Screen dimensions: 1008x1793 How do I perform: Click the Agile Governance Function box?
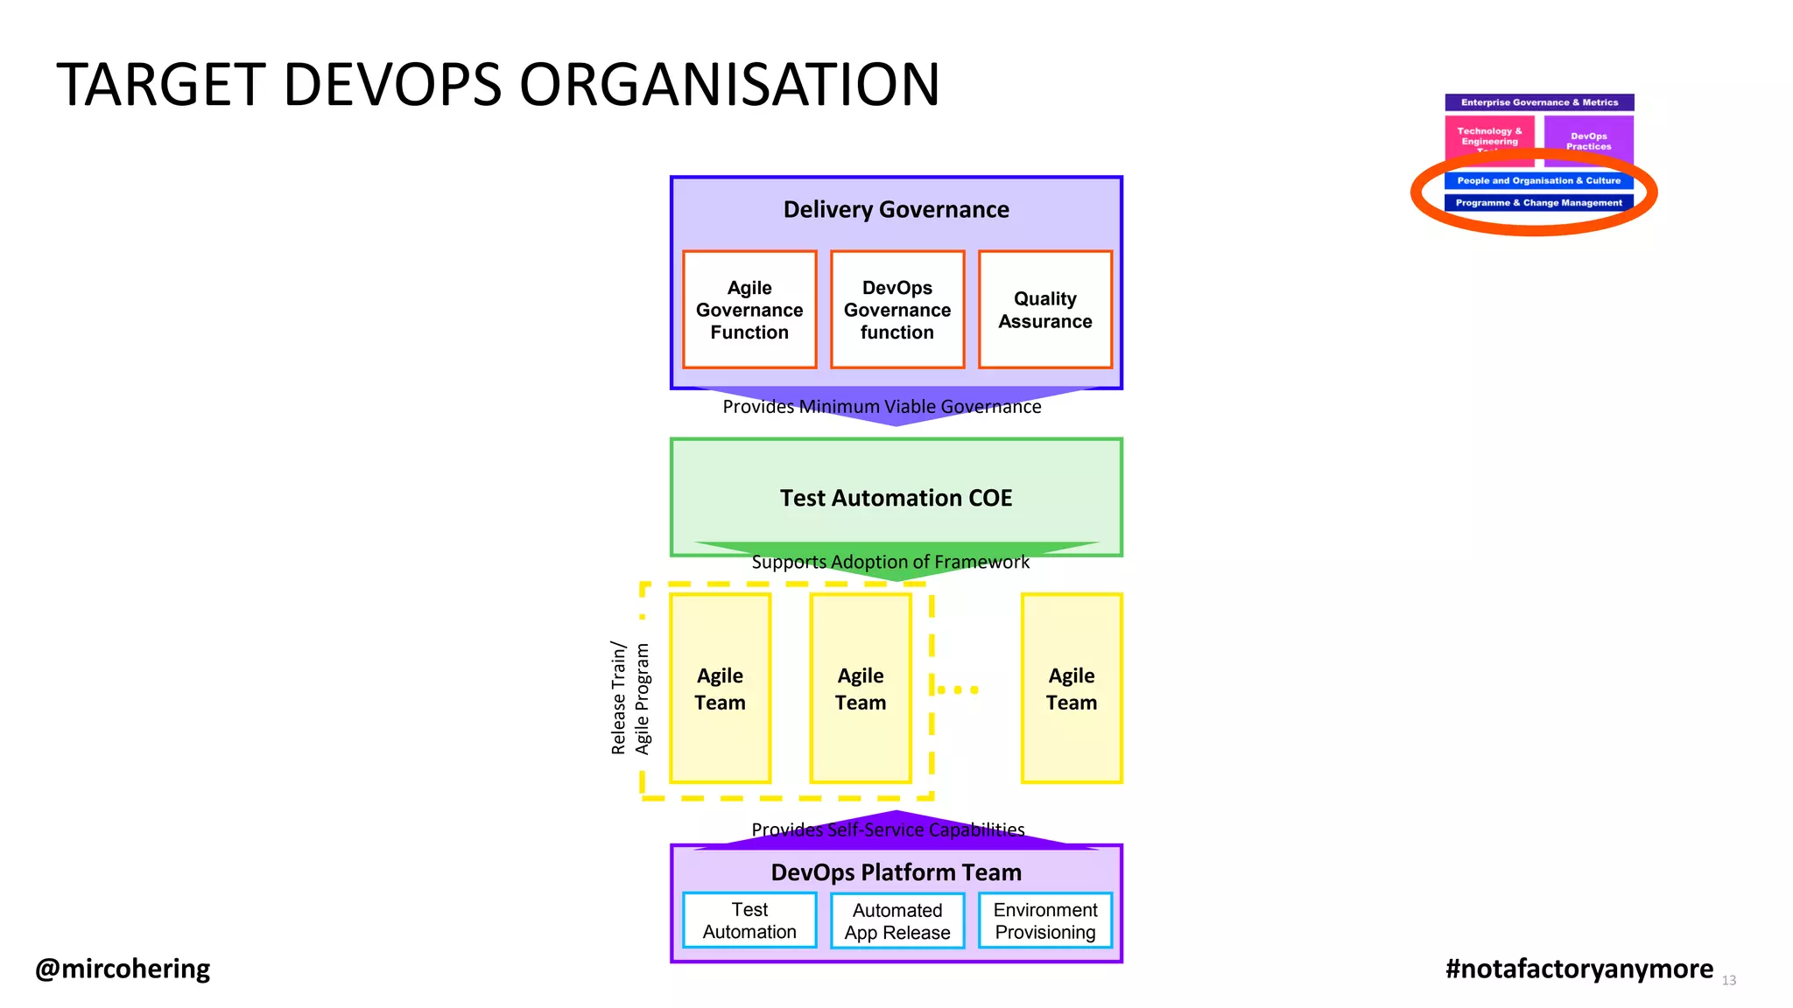(749, 310)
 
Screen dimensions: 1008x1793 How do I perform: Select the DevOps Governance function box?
(897, 310)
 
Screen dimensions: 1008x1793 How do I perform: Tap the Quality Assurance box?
(1045, 310)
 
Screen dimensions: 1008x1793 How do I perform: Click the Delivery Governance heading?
(896, 210)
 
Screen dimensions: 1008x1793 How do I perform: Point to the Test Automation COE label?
(896, 498)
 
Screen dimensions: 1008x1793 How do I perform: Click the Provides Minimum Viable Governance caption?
(882, 407)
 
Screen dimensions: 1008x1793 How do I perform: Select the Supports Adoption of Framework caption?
(890, 562)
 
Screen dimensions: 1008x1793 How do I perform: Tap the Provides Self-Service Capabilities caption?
(888, 829)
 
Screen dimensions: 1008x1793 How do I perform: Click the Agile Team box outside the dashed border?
(1072, 689)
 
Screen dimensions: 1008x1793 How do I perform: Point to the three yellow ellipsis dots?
(959, 689)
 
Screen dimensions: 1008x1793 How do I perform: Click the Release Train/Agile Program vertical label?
(630, 698)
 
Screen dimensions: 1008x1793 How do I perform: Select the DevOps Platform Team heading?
(896, 872)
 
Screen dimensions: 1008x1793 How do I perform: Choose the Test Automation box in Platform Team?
(749, 920)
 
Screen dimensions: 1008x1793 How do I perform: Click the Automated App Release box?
(897, 921)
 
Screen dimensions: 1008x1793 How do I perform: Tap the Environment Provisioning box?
(1045, 920)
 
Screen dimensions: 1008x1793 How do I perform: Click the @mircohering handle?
(123, 969)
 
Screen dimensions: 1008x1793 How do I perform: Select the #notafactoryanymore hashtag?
(1579, 969)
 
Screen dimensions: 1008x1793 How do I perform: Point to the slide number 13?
(1729, 981)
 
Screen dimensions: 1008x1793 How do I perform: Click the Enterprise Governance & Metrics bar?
(1539, 102)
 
